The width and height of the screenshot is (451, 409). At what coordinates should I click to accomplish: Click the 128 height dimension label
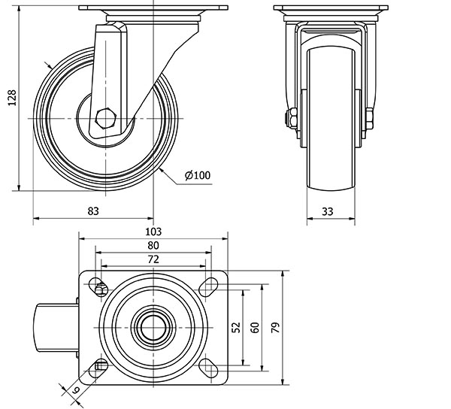pos(11,95)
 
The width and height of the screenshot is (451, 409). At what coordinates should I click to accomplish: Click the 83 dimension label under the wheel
pos(93,211)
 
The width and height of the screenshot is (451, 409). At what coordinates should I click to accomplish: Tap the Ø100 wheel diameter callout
pos(197,176)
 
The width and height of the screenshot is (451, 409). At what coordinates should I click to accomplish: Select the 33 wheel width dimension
pos(328,211)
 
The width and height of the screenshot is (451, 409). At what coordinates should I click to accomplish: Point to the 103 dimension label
pos(153,232)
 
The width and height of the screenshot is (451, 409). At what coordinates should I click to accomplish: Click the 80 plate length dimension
pos(153,245)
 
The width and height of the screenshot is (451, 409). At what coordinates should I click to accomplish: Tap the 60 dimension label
pos(254,327)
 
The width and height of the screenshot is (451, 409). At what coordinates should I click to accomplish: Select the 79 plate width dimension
pos(276,327)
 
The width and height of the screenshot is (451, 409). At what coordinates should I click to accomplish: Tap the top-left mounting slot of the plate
pos(99,286)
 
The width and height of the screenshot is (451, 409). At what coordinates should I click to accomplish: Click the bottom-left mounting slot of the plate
pos(99,368)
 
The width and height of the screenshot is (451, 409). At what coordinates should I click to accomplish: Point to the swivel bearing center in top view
pos(153,327)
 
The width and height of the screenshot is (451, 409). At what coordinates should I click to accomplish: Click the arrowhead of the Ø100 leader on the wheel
pos(162,170)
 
